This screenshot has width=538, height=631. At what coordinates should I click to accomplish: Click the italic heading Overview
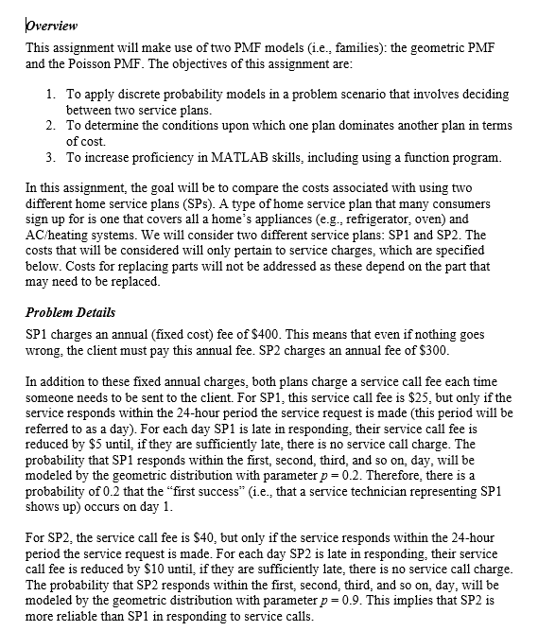point(51,25)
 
